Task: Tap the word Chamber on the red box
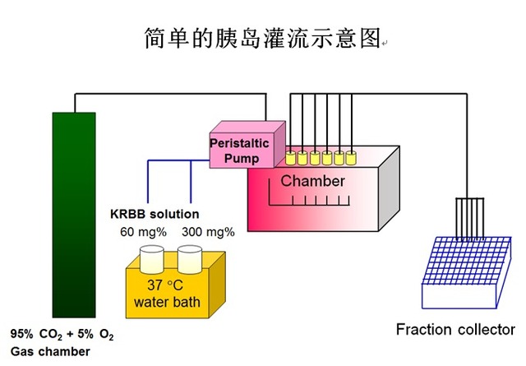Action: (x=313, y=181)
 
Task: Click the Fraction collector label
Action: (x=455, y=330)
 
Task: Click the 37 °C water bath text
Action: (x=167, y=295)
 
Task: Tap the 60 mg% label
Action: (x=139, y=232)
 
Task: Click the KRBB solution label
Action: (x=155, y=215)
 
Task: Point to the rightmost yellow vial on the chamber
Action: (x=352, y=156)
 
